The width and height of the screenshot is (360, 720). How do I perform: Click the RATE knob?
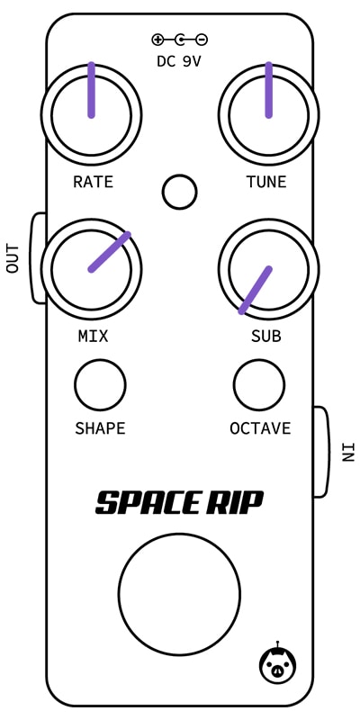point(92,115)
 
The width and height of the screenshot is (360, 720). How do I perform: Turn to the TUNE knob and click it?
point(268,115)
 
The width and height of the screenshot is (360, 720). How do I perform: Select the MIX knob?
point(92,269)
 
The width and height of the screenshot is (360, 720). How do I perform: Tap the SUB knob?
point(268,269)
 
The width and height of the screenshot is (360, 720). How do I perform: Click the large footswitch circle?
point(179,594)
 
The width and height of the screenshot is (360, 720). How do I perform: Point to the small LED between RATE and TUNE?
point(179,192)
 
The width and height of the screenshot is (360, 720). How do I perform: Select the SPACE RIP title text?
point(179,502)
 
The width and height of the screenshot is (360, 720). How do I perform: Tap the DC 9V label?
point(179,61)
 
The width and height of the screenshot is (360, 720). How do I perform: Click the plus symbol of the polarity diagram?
point(157,40)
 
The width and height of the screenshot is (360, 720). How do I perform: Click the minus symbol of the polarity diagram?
point(202,40)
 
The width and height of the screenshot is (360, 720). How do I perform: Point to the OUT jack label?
point(13,258)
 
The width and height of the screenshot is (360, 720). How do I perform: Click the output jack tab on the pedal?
point(39,258)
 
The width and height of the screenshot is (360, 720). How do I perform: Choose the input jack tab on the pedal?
point(321,452)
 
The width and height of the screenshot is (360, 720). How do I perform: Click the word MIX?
point(94,337)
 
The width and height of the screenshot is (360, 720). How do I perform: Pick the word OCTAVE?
point(260,428)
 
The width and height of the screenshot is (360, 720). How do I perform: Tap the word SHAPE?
point(100,428)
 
